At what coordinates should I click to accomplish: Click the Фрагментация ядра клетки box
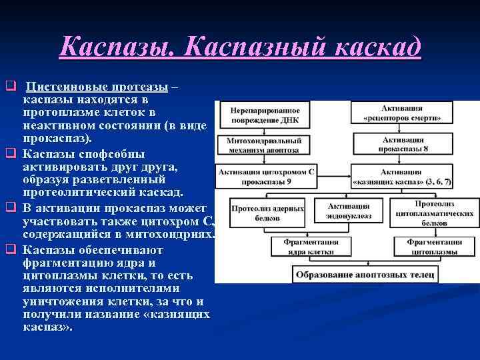(305, 247)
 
